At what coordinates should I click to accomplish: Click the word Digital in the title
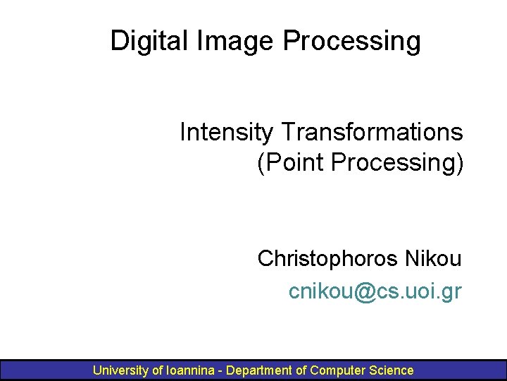click(144, 41)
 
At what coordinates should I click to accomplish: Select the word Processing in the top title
click(352, 41)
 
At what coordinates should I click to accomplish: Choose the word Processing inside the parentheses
click(397, 162)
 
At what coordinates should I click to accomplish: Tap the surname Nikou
click(432, 259)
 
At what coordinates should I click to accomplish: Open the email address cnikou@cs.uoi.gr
click(375, 290)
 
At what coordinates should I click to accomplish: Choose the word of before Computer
click(301, 370)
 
